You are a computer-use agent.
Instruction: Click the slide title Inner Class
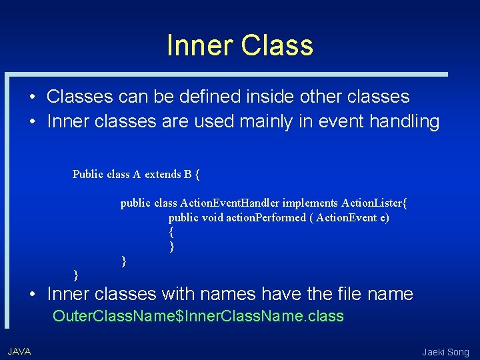[x=239, y=45]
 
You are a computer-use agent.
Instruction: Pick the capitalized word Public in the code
[x=88, y=175]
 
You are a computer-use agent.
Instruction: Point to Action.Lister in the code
[x=374, y=203]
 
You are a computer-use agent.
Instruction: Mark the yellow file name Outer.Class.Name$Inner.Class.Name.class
[x=198, y=316]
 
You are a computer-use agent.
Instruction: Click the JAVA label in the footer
[x=19, y=351]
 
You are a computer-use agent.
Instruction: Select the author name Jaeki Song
[x=445, y=352]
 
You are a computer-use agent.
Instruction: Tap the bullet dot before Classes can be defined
[x=32, y=97]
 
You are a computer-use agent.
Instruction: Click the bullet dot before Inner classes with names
[x=32, y=294]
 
